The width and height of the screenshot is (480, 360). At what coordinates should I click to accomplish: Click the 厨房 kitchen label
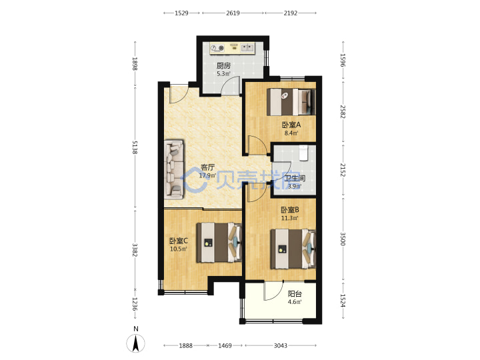(x=223, y=65)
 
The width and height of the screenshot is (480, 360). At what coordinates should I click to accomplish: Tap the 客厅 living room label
(x=207, y=167)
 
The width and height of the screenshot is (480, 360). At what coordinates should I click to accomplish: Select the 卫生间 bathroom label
(x=295, y=178)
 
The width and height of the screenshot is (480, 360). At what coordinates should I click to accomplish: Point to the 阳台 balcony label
(x=295, y=294)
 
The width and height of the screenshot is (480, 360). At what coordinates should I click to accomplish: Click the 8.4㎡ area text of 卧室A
(x=291, y=133)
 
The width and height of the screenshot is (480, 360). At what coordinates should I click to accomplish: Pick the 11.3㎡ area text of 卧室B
(x=289, y=218)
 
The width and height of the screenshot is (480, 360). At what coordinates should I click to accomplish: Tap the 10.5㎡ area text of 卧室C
(x=179, y=249)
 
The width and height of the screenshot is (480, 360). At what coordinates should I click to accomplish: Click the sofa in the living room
(x=174, y=169)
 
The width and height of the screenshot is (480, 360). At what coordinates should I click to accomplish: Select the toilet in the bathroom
(x=303, y=153)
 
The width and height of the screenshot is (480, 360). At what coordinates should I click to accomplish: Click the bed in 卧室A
(x=291, y=102)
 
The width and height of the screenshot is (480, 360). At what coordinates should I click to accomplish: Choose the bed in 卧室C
(x=219, y=243)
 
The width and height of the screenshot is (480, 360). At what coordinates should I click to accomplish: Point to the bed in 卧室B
(x=293, y=249)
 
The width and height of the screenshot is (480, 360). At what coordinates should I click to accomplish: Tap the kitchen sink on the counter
(x=247, y=47)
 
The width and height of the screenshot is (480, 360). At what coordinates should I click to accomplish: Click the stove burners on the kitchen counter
(x=217, y=48)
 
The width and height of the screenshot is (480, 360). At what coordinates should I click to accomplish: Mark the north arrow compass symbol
(x=135, y=343)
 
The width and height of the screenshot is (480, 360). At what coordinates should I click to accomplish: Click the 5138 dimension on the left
(x=135, y=147)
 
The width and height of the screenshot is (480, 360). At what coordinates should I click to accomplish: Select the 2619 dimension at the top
(x=233, y=13)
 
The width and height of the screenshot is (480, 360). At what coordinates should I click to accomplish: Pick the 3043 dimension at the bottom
(x=280, y=345)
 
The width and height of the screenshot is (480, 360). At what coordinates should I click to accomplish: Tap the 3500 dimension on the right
(x=343, y=239)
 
